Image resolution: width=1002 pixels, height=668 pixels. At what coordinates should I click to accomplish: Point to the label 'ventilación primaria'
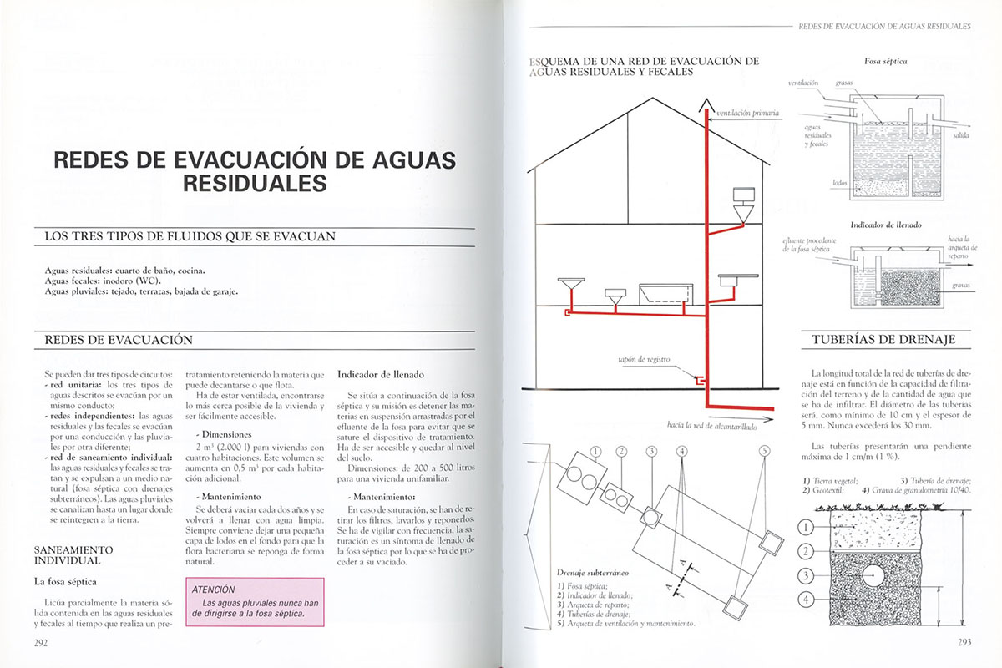(x=747, y=113)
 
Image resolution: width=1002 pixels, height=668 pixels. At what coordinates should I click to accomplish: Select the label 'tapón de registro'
(x=644, y=360)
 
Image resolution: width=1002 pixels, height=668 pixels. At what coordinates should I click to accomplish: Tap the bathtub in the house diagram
(x=665, y=294)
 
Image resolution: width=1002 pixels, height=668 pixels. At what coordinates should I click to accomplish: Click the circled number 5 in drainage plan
(x=764, y=451)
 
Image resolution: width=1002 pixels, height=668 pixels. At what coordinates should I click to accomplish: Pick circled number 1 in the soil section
(x=805, y=527)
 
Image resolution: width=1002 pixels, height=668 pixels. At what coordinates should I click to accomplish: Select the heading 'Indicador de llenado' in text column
(x=381, y=374)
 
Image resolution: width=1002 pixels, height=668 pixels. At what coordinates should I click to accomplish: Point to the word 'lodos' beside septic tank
(x=840, y=181)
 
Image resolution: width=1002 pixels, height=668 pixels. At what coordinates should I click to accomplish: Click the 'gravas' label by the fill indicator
(x=959, y=286)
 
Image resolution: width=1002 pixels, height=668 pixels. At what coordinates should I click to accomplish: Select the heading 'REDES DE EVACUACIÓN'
(x=118, y=340)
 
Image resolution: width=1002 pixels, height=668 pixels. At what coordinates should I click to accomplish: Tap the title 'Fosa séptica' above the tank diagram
(x=886, y=62)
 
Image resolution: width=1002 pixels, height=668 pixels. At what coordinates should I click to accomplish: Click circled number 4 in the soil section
(x=805, y=599)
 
